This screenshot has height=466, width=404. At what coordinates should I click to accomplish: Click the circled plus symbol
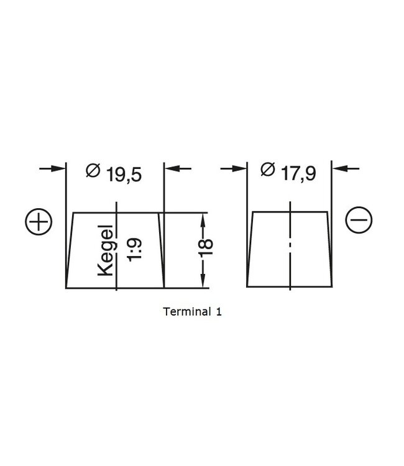39,222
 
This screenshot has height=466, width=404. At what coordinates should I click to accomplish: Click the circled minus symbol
358,221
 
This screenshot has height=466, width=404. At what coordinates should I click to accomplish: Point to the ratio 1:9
135,249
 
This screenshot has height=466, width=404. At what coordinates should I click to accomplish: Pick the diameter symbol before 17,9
267,170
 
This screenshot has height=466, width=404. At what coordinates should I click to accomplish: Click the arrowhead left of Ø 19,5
59,168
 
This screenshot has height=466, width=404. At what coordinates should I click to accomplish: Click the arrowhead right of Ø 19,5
170,168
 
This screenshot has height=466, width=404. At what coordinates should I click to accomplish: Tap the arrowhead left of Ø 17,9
240,168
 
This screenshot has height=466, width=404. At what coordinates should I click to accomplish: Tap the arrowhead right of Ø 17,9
339,168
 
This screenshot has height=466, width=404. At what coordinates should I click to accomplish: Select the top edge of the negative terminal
290,212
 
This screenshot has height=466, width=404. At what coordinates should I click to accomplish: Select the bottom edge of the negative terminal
290,286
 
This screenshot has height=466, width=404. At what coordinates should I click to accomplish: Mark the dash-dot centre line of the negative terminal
290,249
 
